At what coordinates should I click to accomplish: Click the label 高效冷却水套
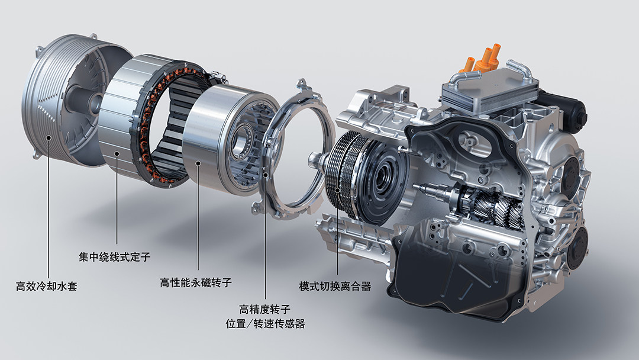pos(47,286)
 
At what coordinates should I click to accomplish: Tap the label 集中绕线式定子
pos(115,257)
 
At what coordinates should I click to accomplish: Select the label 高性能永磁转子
pos(196,282)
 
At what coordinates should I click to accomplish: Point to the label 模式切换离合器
pos(335,286)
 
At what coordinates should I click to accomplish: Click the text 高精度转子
pos(265,310)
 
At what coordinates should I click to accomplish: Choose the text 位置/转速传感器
pos(265,324)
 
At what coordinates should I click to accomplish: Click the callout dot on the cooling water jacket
pos(48,137)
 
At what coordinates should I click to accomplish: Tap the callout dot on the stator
pos(117,154)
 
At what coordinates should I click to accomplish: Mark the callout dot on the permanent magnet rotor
pos(198,163)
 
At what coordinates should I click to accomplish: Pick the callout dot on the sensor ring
pos(265,175)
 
